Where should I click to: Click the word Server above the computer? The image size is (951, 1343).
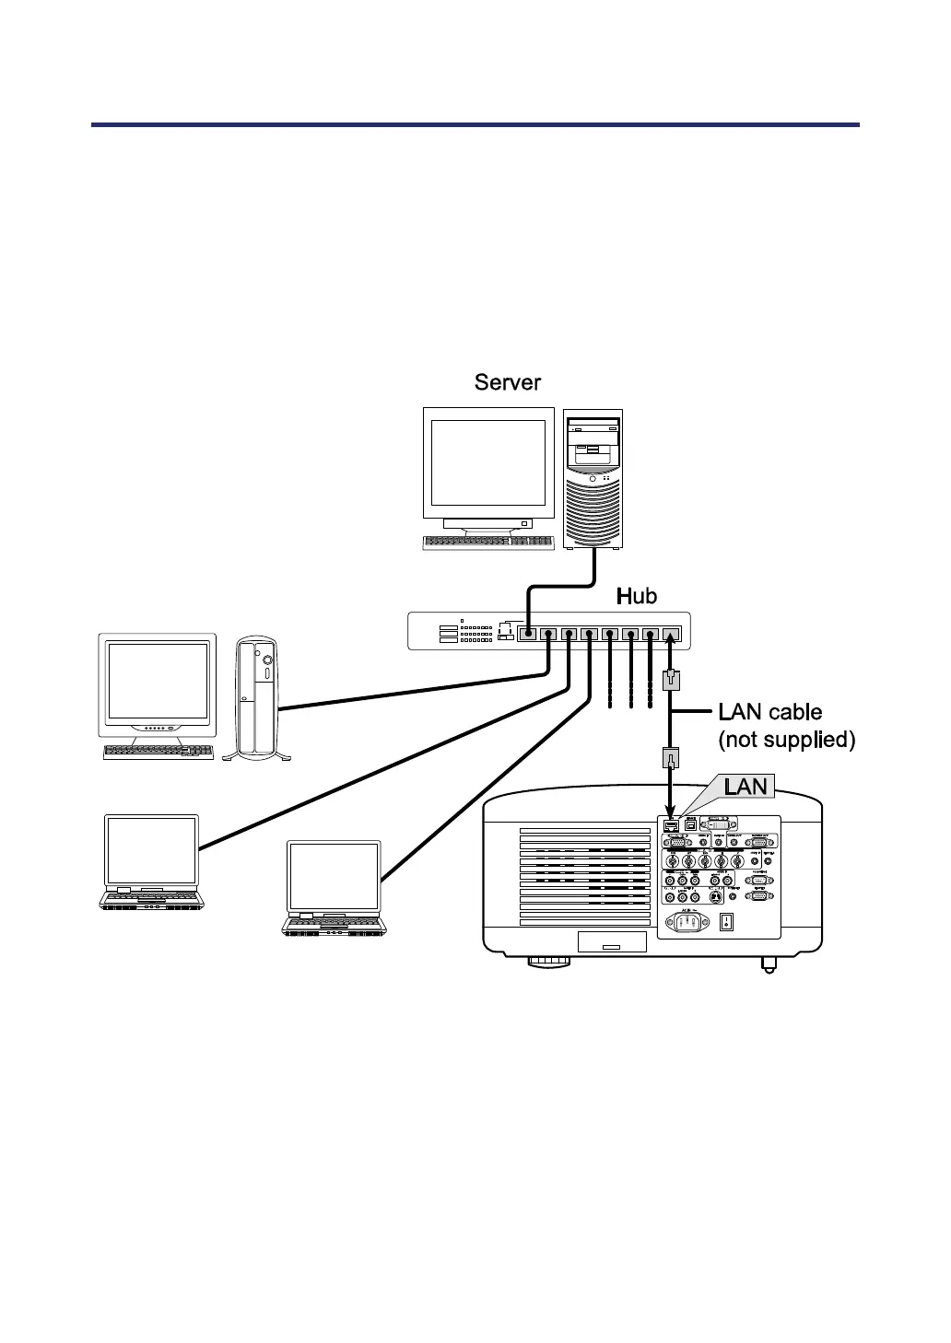(x=507, y=382)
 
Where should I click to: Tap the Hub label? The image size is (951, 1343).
(x=636, y=597)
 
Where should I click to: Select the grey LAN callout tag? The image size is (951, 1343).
(x=746, y=787)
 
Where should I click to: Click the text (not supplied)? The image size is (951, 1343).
(x=786, y=740)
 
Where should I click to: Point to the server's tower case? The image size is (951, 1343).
(x=593, y=480)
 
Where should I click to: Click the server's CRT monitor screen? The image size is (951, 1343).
(x=487, y=463)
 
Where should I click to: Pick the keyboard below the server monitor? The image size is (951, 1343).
(x=488, y=543)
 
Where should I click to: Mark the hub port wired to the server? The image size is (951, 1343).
(x=527, y=634)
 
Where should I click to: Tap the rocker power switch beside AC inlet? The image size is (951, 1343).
(x=728, y=921)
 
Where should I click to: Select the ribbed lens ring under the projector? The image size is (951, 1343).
(x=549, y=963)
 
